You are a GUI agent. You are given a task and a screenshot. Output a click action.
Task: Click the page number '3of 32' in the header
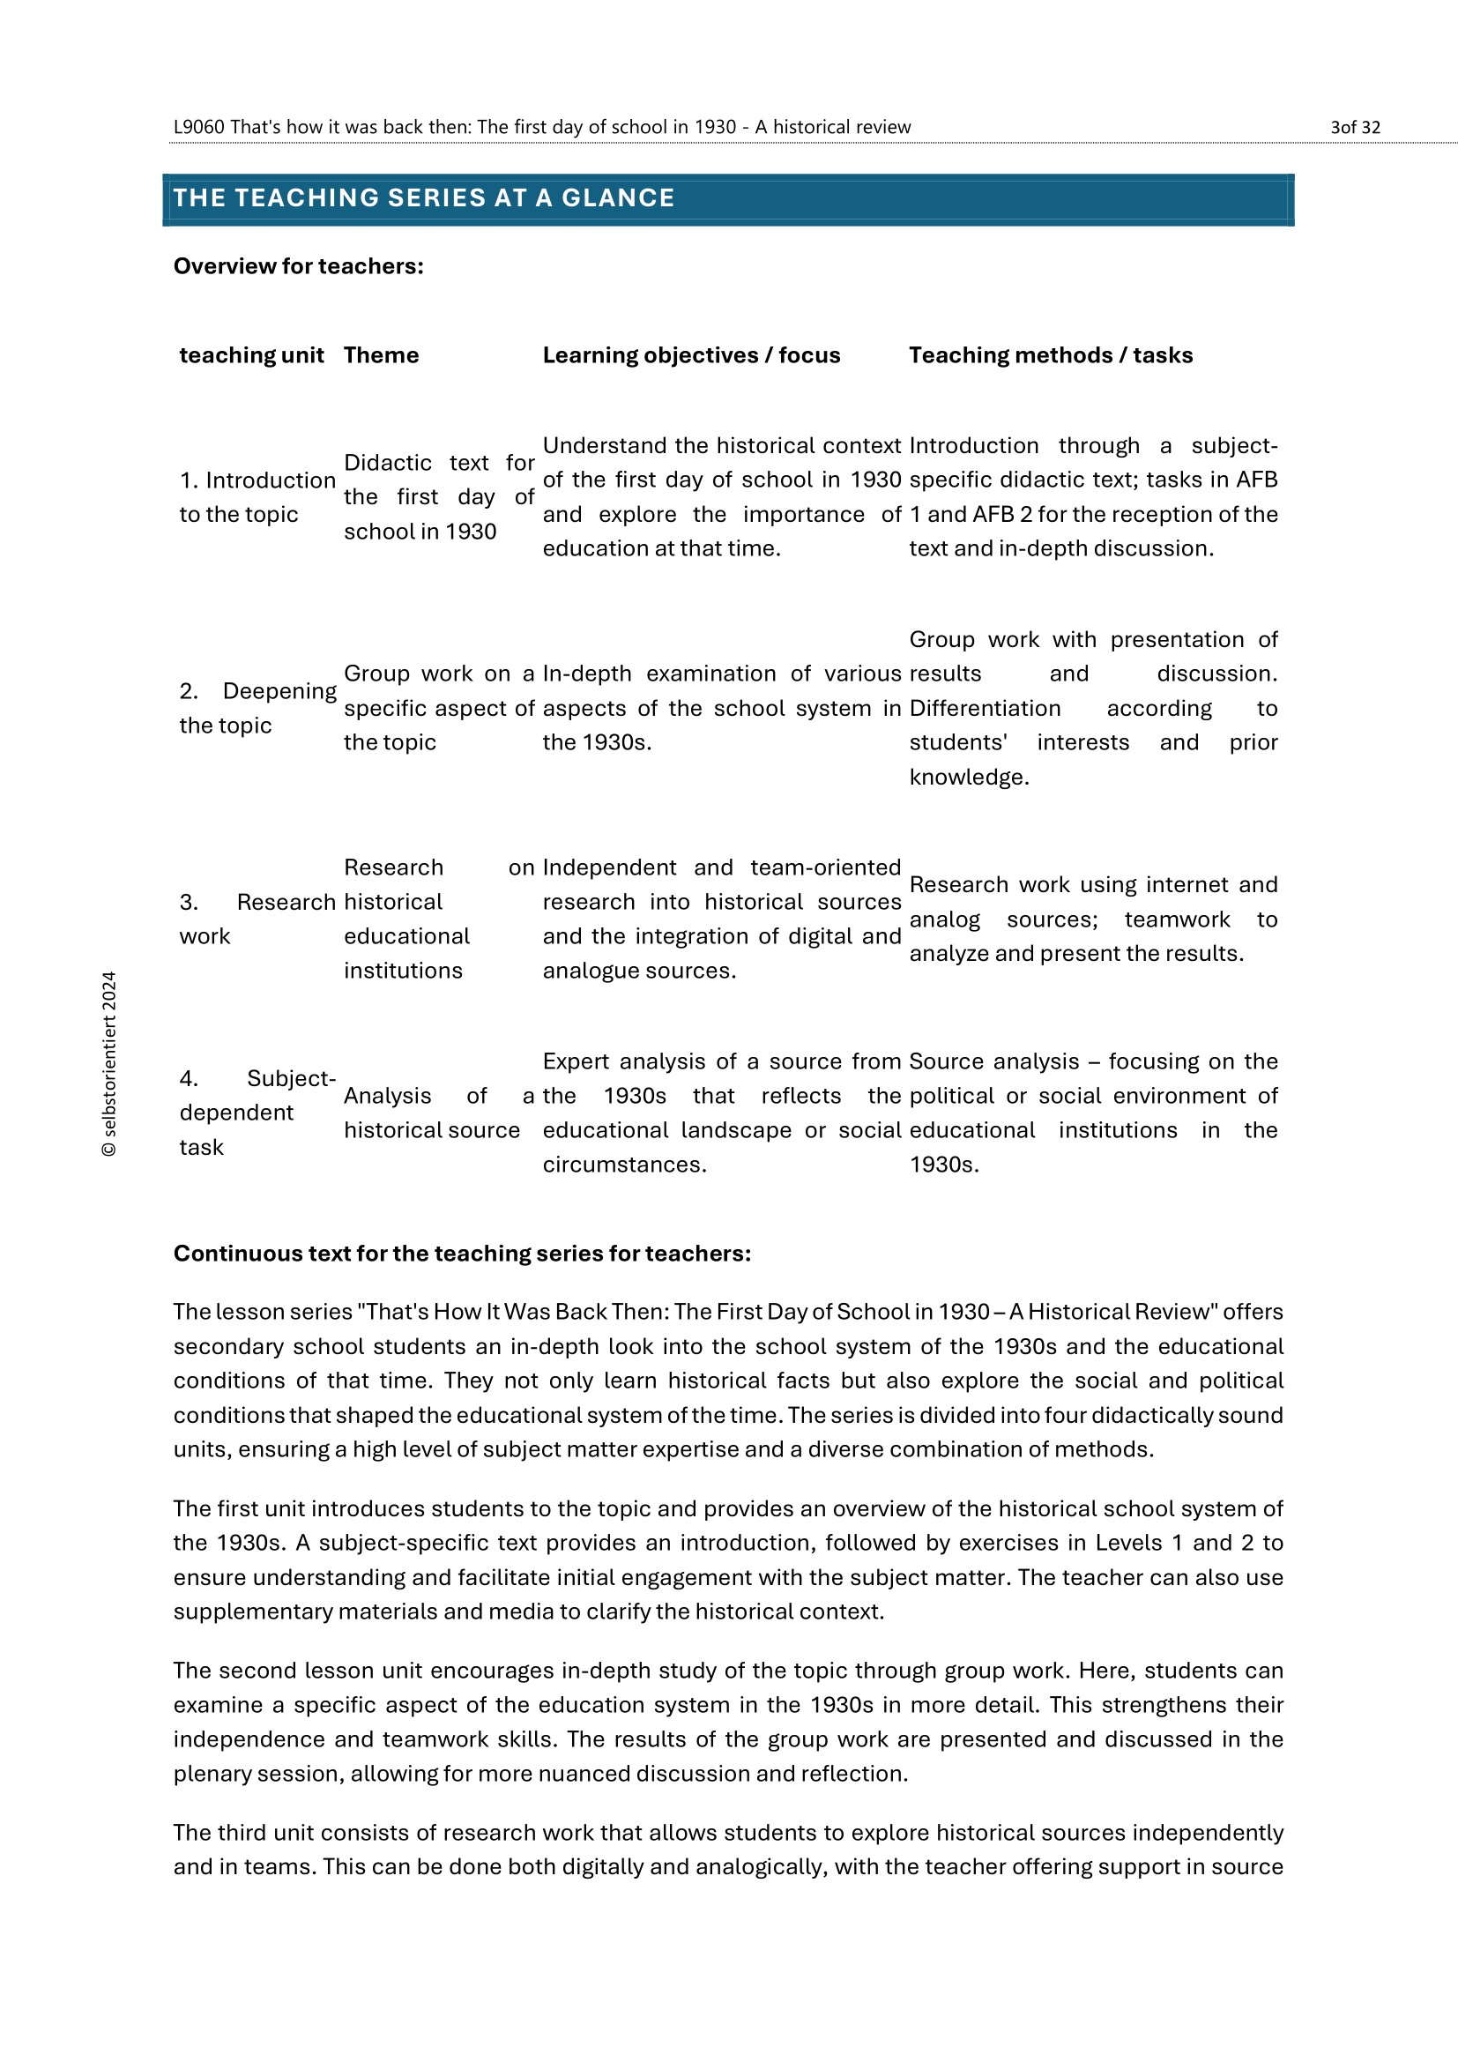tap(1355, 128)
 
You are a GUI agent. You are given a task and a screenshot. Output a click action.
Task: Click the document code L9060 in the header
tap(198, 128)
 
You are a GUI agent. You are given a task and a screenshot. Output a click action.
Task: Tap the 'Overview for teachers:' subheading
tap(298, 267)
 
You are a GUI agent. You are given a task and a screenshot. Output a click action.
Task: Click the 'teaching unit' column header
tap(251, 355)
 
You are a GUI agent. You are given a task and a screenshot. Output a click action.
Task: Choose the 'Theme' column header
tap(381, 355)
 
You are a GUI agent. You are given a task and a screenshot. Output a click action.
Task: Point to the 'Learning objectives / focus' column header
tap(691, 355)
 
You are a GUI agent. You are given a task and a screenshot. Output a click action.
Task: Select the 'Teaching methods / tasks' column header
tap(1051, 355)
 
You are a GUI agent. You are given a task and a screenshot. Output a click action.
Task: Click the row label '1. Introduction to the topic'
tap(257, 497)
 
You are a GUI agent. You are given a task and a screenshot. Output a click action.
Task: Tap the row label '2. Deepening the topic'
tap(257, 708)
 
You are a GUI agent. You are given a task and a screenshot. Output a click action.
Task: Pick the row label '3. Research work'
tap(257, 919)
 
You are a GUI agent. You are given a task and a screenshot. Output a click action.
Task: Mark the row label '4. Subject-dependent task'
tap(257, 1113)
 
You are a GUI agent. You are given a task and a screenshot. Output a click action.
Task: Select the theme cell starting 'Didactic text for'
tap(438, 497)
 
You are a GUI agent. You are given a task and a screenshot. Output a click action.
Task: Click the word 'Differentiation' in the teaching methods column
tap(985, 709)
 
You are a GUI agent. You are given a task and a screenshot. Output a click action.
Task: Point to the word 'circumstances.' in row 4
tap(624, 1165)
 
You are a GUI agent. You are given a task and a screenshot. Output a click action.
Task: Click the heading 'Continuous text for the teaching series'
tap(461, 1254)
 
